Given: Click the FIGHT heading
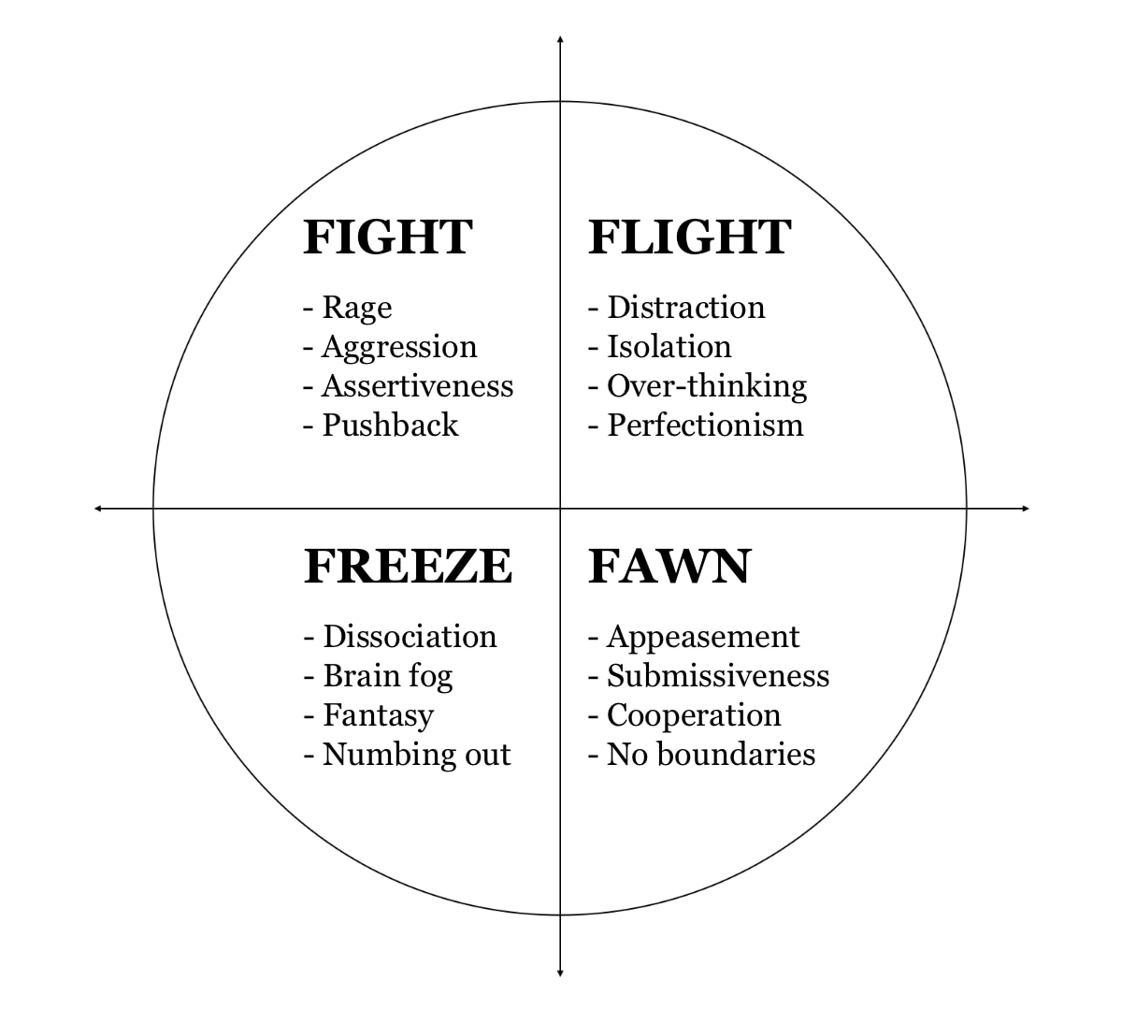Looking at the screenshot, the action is pos(388,238).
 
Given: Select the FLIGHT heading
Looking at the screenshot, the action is pos(690,238).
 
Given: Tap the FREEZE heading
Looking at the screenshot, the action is pos(409,567).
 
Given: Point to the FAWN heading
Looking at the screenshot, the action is pos(669,567).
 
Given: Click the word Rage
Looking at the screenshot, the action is pos(357,309).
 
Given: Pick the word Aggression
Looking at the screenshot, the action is pos(399,348).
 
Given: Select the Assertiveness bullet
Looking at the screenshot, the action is pos(409,386).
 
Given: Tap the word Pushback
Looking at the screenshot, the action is pos(391,425).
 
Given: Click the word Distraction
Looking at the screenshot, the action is pos(686,308).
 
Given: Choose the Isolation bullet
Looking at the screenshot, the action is pos(660,347).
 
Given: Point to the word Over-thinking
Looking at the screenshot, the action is pos(707,387).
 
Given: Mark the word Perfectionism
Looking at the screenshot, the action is pos(705,425).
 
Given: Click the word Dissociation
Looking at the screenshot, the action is pos(410,637).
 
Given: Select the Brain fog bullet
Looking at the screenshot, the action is pos(378,677).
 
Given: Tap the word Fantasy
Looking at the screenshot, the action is pos(379,716).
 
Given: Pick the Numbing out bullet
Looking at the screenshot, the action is pos(408,756).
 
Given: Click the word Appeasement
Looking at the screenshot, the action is pos(703,638).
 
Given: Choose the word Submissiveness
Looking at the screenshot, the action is pos(718,676).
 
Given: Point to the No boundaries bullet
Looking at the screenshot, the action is pos(702,755).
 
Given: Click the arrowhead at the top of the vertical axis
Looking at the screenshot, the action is pos(560,39).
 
